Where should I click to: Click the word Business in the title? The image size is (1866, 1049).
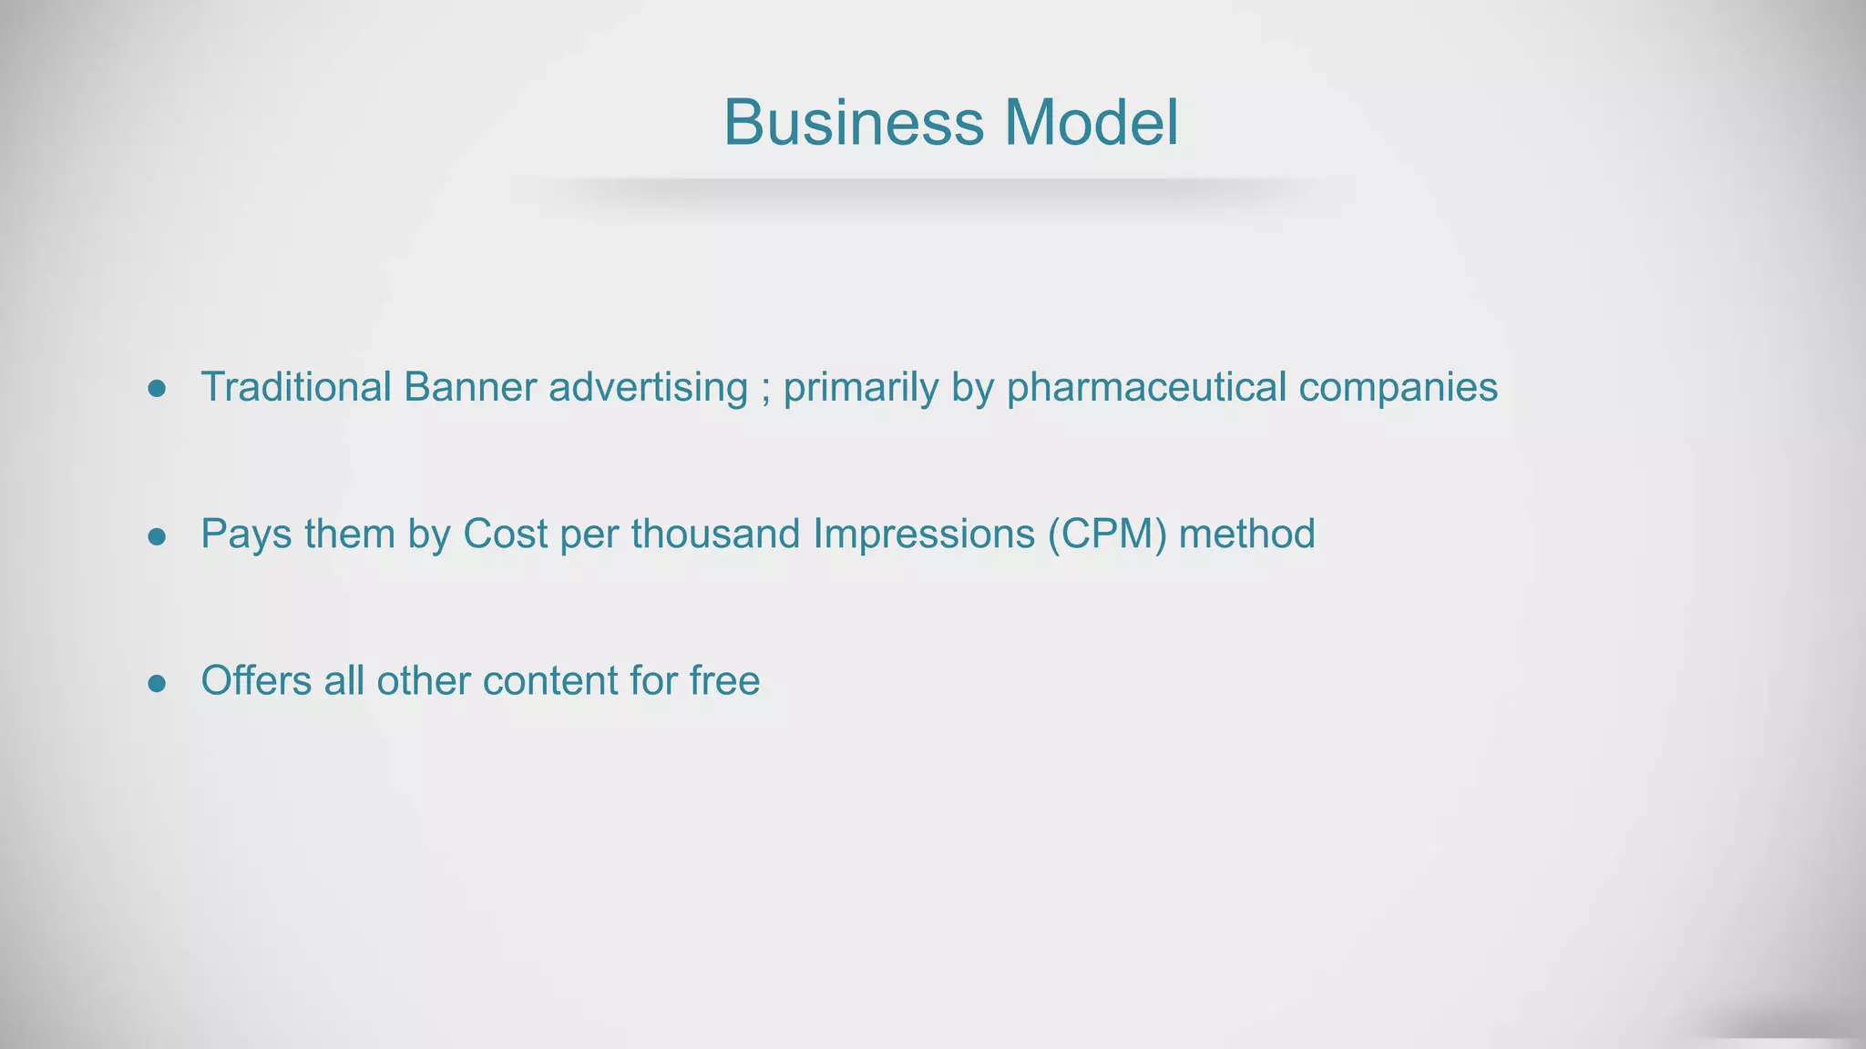coord(854,122)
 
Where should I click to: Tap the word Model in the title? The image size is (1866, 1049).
coord(1091,122)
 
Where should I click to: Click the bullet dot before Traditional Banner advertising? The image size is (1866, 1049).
coord(157,390)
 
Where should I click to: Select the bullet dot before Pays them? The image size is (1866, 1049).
coord(157,536)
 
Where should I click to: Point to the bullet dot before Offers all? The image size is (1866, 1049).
coord(157,683)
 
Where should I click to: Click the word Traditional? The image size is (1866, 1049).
coord(296,387)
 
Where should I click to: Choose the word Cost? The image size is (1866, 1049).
coord(505,534)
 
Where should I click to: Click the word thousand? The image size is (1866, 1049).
coord(715,534)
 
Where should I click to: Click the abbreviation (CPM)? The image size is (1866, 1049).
coord(1107,535)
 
